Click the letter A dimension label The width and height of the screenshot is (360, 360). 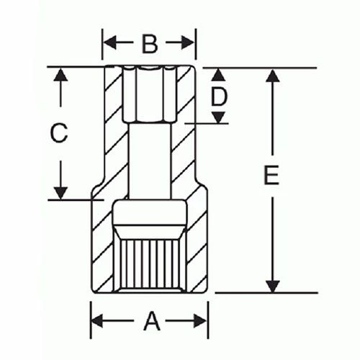pyautogui.click(x=150, y=321)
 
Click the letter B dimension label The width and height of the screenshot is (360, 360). pyautogui.click(x=149, y=45)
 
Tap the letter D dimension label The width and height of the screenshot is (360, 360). pyautogui.click(x=219, y=96)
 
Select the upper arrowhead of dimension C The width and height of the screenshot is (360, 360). pyautogui.click(x=61, y=74)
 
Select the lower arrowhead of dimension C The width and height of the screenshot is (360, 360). pyautogui.click(x=61, y=192)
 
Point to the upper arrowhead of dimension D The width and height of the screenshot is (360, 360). pyautogui.click(x=219, y=75)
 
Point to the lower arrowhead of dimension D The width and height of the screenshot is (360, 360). pyautogui.click(x=219, y=117)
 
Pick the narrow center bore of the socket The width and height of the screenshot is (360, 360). pyautogui.click(x=150, y=158)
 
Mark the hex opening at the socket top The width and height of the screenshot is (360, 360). pyautogui.click(x=149, y=94)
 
